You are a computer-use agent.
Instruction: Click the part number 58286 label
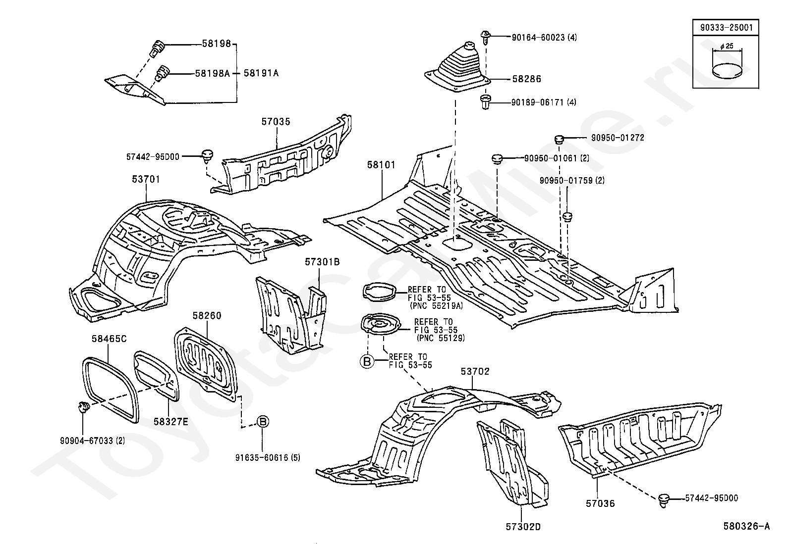click(526, 79)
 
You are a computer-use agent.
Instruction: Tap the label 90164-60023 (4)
click(544, 37)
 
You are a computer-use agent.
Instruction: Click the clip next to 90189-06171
click(486, 102)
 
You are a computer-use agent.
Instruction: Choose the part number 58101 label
click(381, 165)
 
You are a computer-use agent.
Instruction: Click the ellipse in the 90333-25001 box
click(727, 71)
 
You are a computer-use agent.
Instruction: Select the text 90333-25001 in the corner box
click(726, 27)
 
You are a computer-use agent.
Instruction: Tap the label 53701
click(146, 179)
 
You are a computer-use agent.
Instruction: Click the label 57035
click(276, 122)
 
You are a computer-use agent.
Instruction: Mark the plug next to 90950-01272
click(559, 139)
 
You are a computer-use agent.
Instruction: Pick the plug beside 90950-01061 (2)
click(497, 158)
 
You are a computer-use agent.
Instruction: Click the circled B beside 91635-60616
click(263, 422)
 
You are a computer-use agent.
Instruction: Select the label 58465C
click(109, 339)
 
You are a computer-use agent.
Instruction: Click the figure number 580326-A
click(747, 526)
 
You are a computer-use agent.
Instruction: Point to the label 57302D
click(523, 527)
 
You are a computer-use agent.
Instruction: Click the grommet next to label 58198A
click(163, 73)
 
